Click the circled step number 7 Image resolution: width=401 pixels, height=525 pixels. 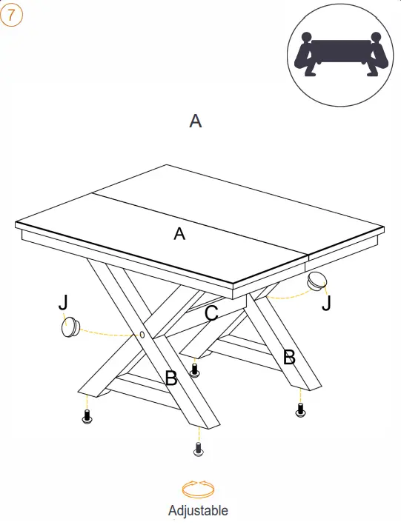click(11, 16)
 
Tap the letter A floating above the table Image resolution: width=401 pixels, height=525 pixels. click(196, 121)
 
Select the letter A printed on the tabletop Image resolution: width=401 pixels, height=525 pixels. click(179, 233)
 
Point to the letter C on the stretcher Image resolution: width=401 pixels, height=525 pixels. click(211, 313)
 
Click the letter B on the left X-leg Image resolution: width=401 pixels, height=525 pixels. click(171, 378)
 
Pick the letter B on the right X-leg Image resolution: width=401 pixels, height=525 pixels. click(289, 357)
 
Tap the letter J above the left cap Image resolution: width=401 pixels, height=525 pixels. click(63, 302)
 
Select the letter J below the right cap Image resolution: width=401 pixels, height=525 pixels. click(326, 304)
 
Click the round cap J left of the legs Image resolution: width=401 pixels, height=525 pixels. click(70, 327)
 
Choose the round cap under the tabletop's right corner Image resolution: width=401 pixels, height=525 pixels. click(317, 280)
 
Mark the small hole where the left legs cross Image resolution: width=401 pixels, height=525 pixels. click(142, 335)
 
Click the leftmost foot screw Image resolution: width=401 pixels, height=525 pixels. click(87, 416)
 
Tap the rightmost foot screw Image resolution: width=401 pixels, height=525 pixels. click(300, 410)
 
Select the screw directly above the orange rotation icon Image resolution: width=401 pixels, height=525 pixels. click(199, 449)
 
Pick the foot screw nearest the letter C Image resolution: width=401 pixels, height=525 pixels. click(195, 371)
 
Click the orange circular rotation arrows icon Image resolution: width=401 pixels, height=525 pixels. click(198, 489)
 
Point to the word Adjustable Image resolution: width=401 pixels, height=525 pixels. click(198, 511)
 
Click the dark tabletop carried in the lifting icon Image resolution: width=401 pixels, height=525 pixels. click(341, 51)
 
